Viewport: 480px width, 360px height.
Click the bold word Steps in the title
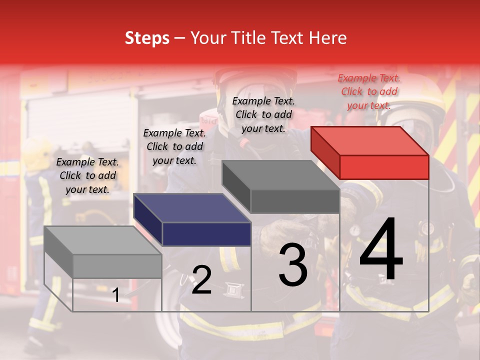[x=147, y=38]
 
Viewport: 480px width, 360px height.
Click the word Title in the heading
[x=250, y=38]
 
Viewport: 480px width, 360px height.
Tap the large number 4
[x=381, y=250]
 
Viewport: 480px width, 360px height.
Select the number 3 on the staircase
[x=293, y=265]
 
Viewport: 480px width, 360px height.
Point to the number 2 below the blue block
[x=201, y=280]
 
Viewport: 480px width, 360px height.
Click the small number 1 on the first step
[x=115, y=295]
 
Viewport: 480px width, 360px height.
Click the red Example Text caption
[x=369, y=91]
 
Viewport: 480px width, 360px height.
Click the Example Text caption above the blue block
[x=174, y=146]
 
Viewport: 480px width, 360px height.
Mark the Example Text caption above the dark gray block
[x=263, y=114]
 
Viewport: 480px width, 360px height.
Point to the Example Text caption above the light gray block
[x=87, y=175]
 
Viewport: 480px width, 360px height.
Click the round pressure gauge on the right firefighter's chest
[x=354, y=230]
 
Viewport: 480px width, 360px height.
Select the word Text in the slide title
[x=289, y=38]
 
